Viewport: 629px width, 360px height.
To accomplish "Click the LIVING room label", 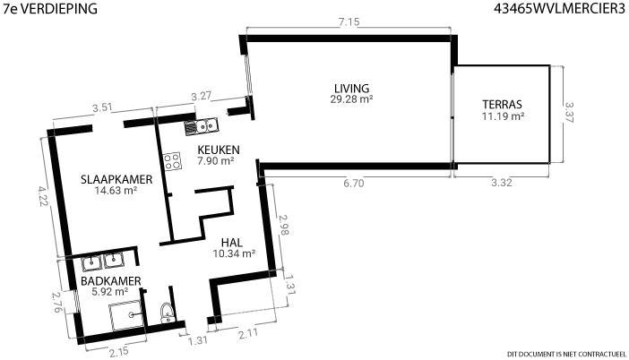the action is (351, 88).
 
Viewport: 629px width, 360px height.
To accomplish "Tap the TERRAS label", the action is (503, 105).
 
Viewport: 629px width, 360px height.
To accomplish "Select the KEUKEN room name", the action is (219, 150).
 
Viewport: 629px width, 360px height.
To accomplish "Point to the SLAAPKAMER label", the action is (116, 179).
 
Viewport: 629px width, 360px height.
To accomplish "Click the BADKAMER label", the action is (111, 281).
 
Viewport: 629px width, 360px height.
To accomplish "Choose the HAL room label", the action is (232, 243).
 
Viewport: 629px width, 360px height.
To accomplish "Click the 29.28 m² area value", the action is (352, 99).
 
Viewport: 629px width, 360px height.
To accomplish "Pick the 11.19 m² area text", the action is (504, 116).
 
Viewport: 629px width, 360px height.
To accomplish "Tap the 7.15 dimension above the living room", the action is (349, 22).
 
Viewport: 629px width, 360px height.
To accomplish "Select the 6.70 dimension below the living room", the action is (353, 184).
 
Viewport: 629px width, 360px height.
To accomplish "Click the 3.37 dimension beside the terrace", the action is (569, 113).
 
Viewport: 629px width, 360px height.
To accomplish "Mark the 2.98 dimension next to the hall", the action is (284, 225).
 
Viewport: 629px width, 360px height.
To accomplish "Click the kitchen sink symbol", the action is (201, 127).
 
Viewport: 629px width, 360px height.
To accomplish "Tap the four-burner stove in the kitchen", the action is (172, 161).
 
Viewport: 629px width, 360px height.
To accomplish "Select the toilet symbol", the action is (167, 313).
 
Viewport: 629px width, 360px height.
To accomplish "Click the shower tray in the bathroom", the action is (126, 315).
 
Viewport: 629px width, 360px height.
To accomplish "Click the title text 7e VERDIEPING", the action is (50, 9).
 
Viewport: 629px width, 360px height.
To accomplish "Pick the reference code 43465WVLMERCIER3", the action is (560, 9).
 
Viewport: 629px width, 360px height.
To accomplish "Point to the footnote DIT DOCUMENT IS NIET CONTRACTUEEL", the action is (566, 354).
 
